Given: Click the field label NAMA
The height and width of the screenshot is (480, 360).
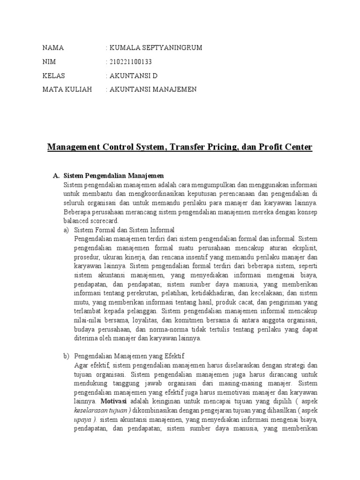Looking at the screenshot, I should tap(53, 48).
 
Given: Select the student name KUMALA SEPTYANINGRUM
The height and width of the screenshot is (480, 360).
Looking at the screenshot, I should tap(156, 48).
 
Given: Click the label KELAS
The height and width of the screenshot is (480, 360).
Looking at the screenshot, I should tap(54, 75).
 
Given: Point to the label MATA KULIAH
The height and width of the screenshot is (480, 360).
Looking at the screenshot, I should tap(67, 90).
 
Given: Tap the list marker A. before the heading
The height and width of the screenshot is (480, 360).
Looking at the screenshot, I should tap(56, 175).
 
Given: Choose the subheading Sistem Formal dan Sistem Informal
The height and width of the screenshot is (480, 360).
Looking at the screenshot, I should tap(124, 230).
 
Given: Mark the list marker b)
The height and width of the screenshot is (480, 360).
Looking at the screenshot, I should tap(66, 356).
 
